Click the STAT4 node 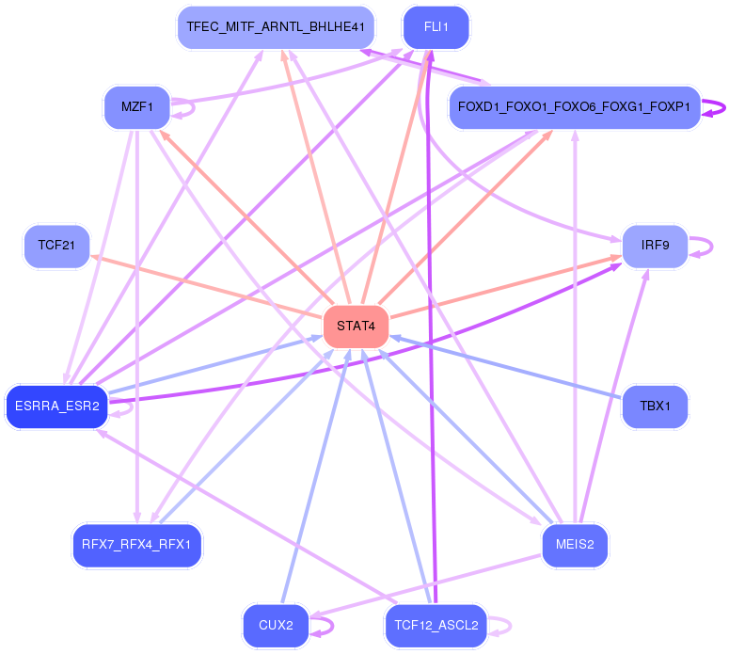(x=356, y=327)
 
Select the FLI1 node (x=436, y=27)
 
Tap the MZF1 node (x=137, y=106)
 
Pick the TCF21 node (x=56, y=247)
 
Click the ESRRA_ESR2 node (x=56, y=407)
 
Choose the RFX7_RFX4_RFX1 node (x=137, y=545)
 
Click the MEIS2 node (x=575, y=545)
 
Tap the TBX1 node (x=655, y=407)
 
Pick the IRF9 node (x=655, y=247)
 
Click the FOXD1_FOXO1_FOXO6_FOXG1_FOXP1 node (x=575, y=107)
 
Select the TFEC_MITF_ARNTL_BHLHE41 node (x=276, y=27)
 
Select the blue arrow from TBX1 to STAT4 (x=508, y=371)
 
